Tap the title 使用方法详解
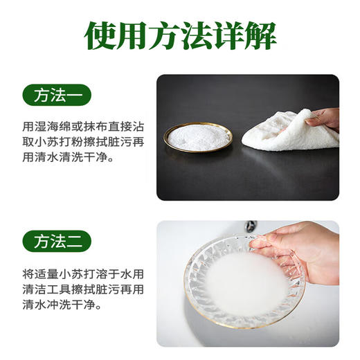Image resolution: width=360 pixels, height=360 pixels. coord(179,35)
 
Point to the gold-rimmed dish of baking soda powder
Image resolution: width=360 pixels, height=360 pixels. coord(197,137)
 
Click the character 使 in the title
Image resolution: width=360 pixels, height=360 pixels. coord(102,35)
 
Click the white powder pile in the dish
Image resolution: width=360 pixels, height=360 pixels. coord(198,136)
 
